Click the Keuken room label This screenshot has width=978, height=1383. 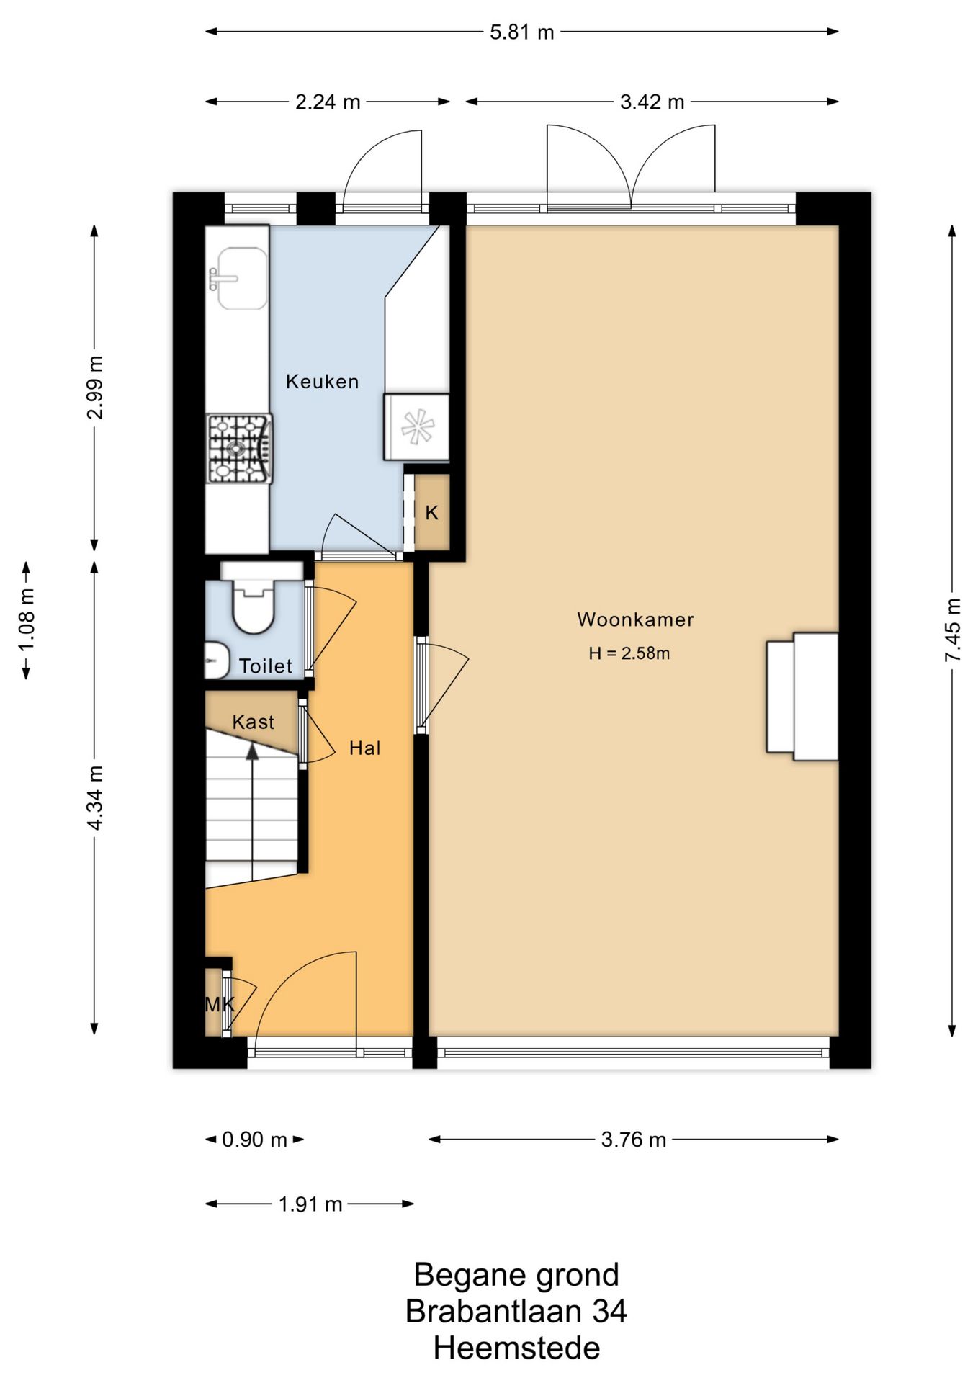pyautogui.click(x=322, y=381)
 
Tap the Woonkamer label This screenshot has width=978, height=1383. pyautogui.click(x=635, y=619)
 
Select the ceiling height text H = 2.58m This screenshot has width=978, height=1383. pyautogui.click(x=629, y=653)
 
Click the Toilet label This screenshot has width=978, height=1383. pyautogui.click(x=266, y=666)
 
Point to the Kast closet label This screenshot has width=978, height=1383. pyautogui.click(x=254, y=722)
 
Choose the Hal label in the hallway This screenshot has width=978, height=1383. pyautogui.click(x=365, y=748)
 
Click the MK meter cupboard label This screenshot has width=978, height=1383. pyautogui.click(x=220, y=1004)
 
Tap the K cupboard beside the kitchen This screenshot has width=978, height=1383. pyautogui.click(x=431, y=513)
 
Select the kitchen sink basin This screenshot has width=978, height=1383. pyautogui.click(x=242, y=278)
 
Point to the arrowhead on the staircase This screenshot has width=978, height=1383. pyautogui.click(x=252, y=751)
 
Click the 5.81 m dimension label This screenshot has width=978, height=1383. pyautogui.click(x=522, y=32)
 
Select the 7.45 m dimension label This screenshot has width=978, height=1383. pyautogui.click(x=953, y=630)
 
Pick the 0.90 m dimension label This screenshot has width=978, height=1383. pyautogui.click(x=254, y=1140)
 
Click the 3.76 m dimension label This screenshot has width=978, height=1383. pyautogui.click(x=634, y=1140)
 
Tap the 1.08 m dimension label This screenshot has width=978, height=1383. pyautogui.click(x=27, y=619)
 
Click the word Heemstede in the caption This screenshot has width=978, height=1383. pyautogui.click(x=516, y=1348)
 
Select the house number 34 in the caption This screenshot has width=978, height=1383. pyautogui.click(x=609, y=1312)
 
